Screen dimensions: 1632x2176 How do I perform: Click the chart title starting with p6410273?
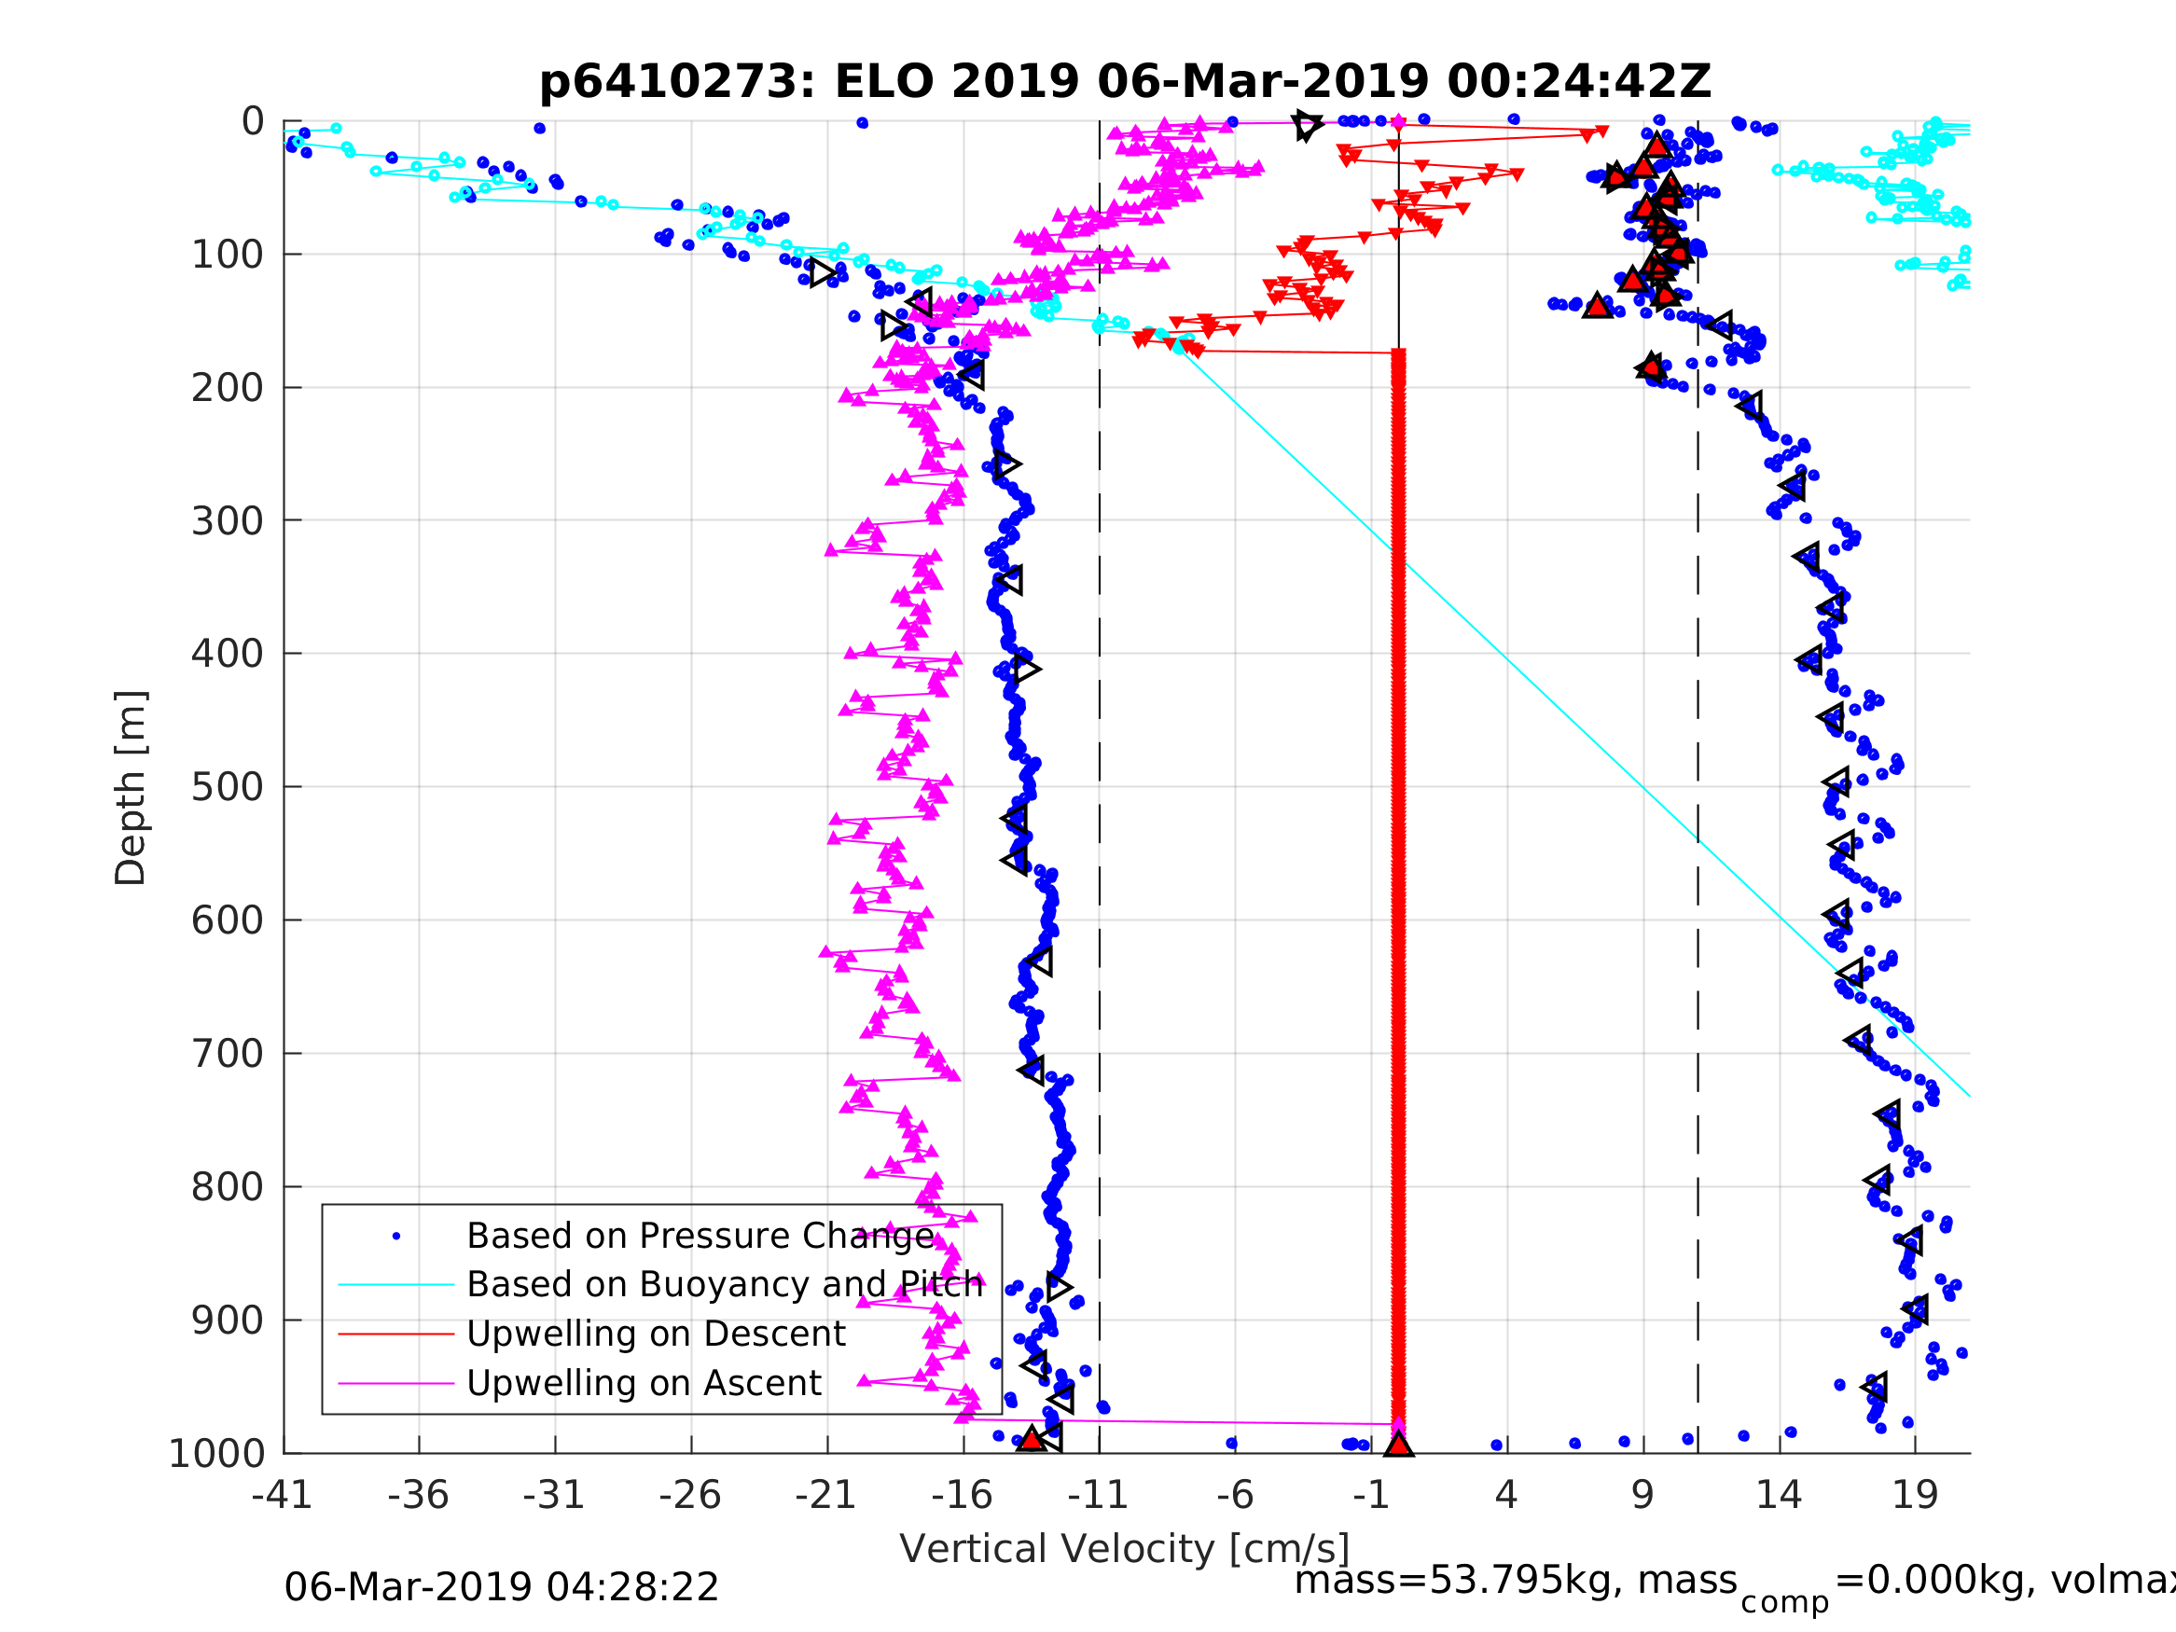click(1125, 82)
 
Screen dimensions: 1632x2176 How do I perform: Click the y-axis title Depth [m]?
click(131, 788)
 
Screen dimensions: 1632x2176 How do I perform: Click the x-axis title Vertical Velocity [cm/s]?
click(1125, 1548)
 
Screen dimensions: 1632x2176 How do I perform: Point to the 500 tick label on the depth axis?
click(228, 788)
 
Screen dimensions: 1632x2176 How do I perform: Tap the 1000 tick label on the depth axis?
click(217, 1454)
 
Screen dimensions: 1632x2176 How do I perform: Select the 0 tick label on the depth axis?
click(253, 122)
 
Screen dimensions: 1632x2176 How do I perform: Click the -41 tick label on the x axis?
click(283, 1495)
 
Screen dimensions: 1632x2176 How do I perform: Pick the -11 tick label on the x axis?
click(1099, 1495)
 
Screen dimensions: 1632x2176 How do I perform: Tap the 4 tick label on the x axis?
click(1506, 1495)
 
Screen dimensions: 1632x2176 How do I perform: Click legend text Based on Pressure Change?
click(700, 1237)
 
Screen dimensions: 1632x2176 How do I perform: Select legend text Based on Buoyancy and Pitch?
click(725, 1285)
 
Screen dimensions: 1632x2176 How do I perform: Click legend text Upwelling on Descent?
click(656, 1334)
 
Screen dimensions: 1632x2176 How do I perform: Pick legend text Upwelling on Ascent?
click(644, 1383)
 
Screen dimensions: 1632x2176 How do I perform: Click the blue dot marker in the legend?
click(396, 1237)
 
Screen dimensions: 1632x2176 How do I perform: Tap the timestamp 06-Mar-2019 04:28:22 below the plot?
click(502, 1588)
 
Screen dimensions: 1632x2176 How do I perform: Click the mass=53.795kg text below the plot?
click(1516, 1581)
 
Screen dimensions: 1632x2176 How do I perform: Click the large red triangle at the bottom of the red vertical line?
click(1398, 1445)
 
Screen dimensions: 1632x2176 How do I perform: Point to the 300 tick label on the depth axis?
click(228, 521)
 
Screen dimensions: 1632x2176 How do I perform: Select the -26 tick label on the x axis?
click(690, 1495)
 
